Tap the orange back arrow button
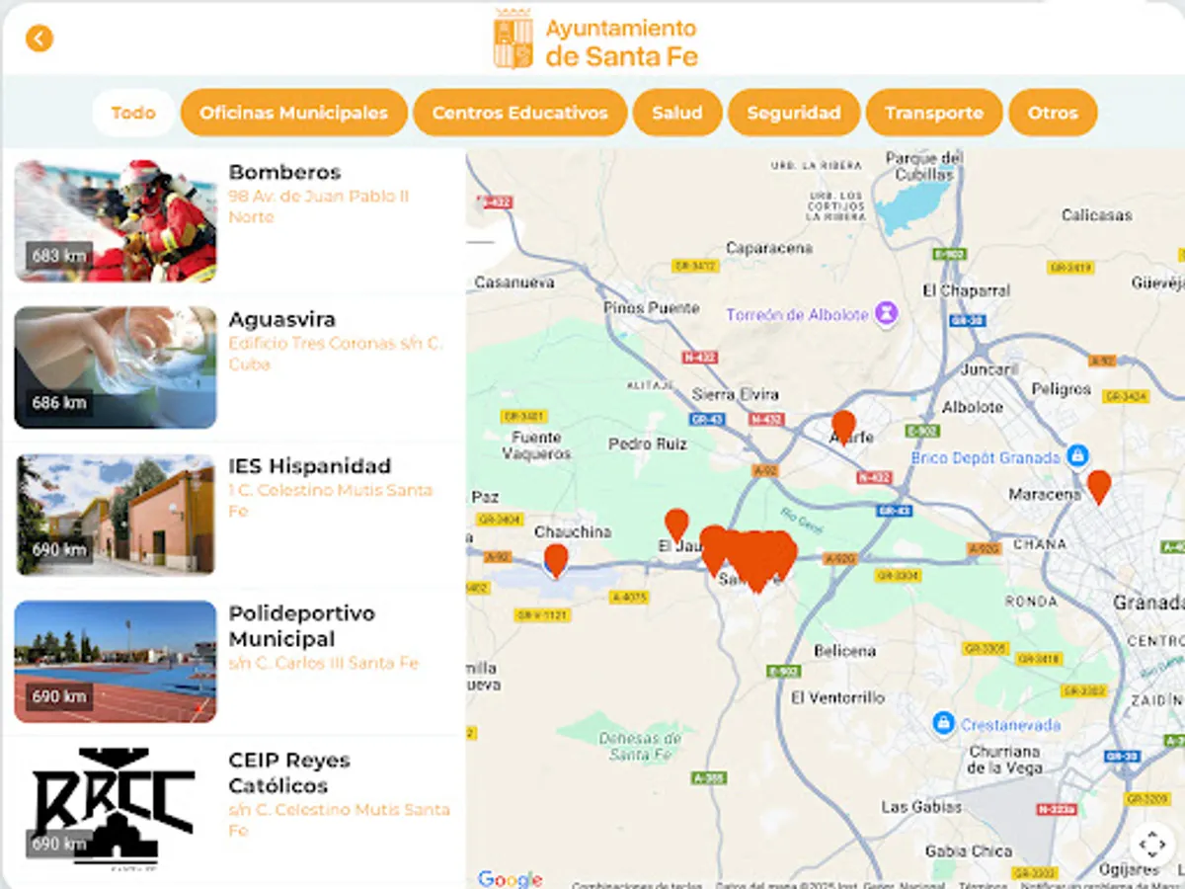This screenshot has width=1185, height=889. tap(39, 39)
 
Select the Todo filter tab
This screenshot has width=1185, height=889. tap(133, 113)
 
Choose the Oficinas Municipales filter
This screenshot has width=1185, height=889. tap(293, 113)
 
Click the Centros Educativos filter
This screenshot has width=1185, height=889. tap(519, 113)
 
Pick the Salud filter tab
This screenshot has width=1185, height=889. tap(676, 113)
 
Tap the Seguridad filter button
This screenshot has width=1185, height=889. tap(793, 113)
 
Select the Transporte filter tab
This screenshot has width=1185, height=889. tap(933, 113)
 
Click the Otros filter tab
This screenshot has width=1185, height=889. tap(1052, 113)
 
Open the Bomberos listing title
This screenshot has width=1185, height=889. tap(284, 172)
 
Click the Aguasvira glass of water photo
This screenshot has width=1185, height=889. tap(116, 366)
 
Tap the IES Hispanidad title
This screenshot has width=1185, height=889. tap(309, 465)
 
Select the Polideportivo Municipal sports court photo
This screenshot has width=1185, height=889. tap(116, 661)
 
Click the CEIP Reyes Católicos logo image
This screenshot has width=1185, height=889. tap(116, 805)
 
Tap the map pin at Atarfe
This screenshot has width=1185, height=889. tap(843, 427)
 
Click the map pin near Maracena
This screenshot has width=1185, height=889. tap(1098, 485)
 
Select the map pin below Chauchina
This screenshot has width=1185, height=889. tap(556, 559)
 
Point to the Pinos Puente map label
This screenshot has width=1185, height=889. tap(651, 308)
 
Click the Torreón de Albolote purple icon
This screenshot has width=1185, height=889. tap(888, 315)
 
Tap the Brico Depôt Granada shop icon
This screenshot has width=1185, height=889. tap(1077, 456)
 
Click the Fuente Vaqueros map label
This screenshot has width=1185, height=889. tap(536, 445)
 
